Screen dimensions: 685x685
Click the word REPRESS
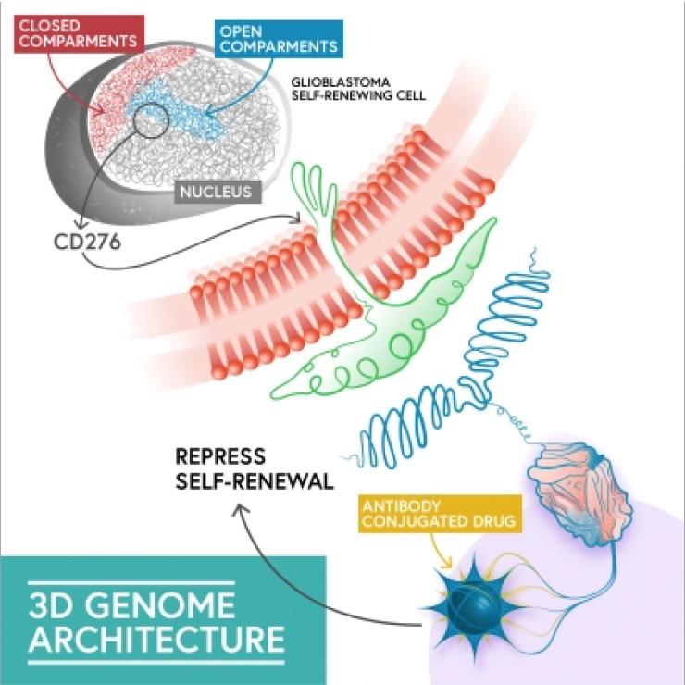[x=222, y=456]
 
